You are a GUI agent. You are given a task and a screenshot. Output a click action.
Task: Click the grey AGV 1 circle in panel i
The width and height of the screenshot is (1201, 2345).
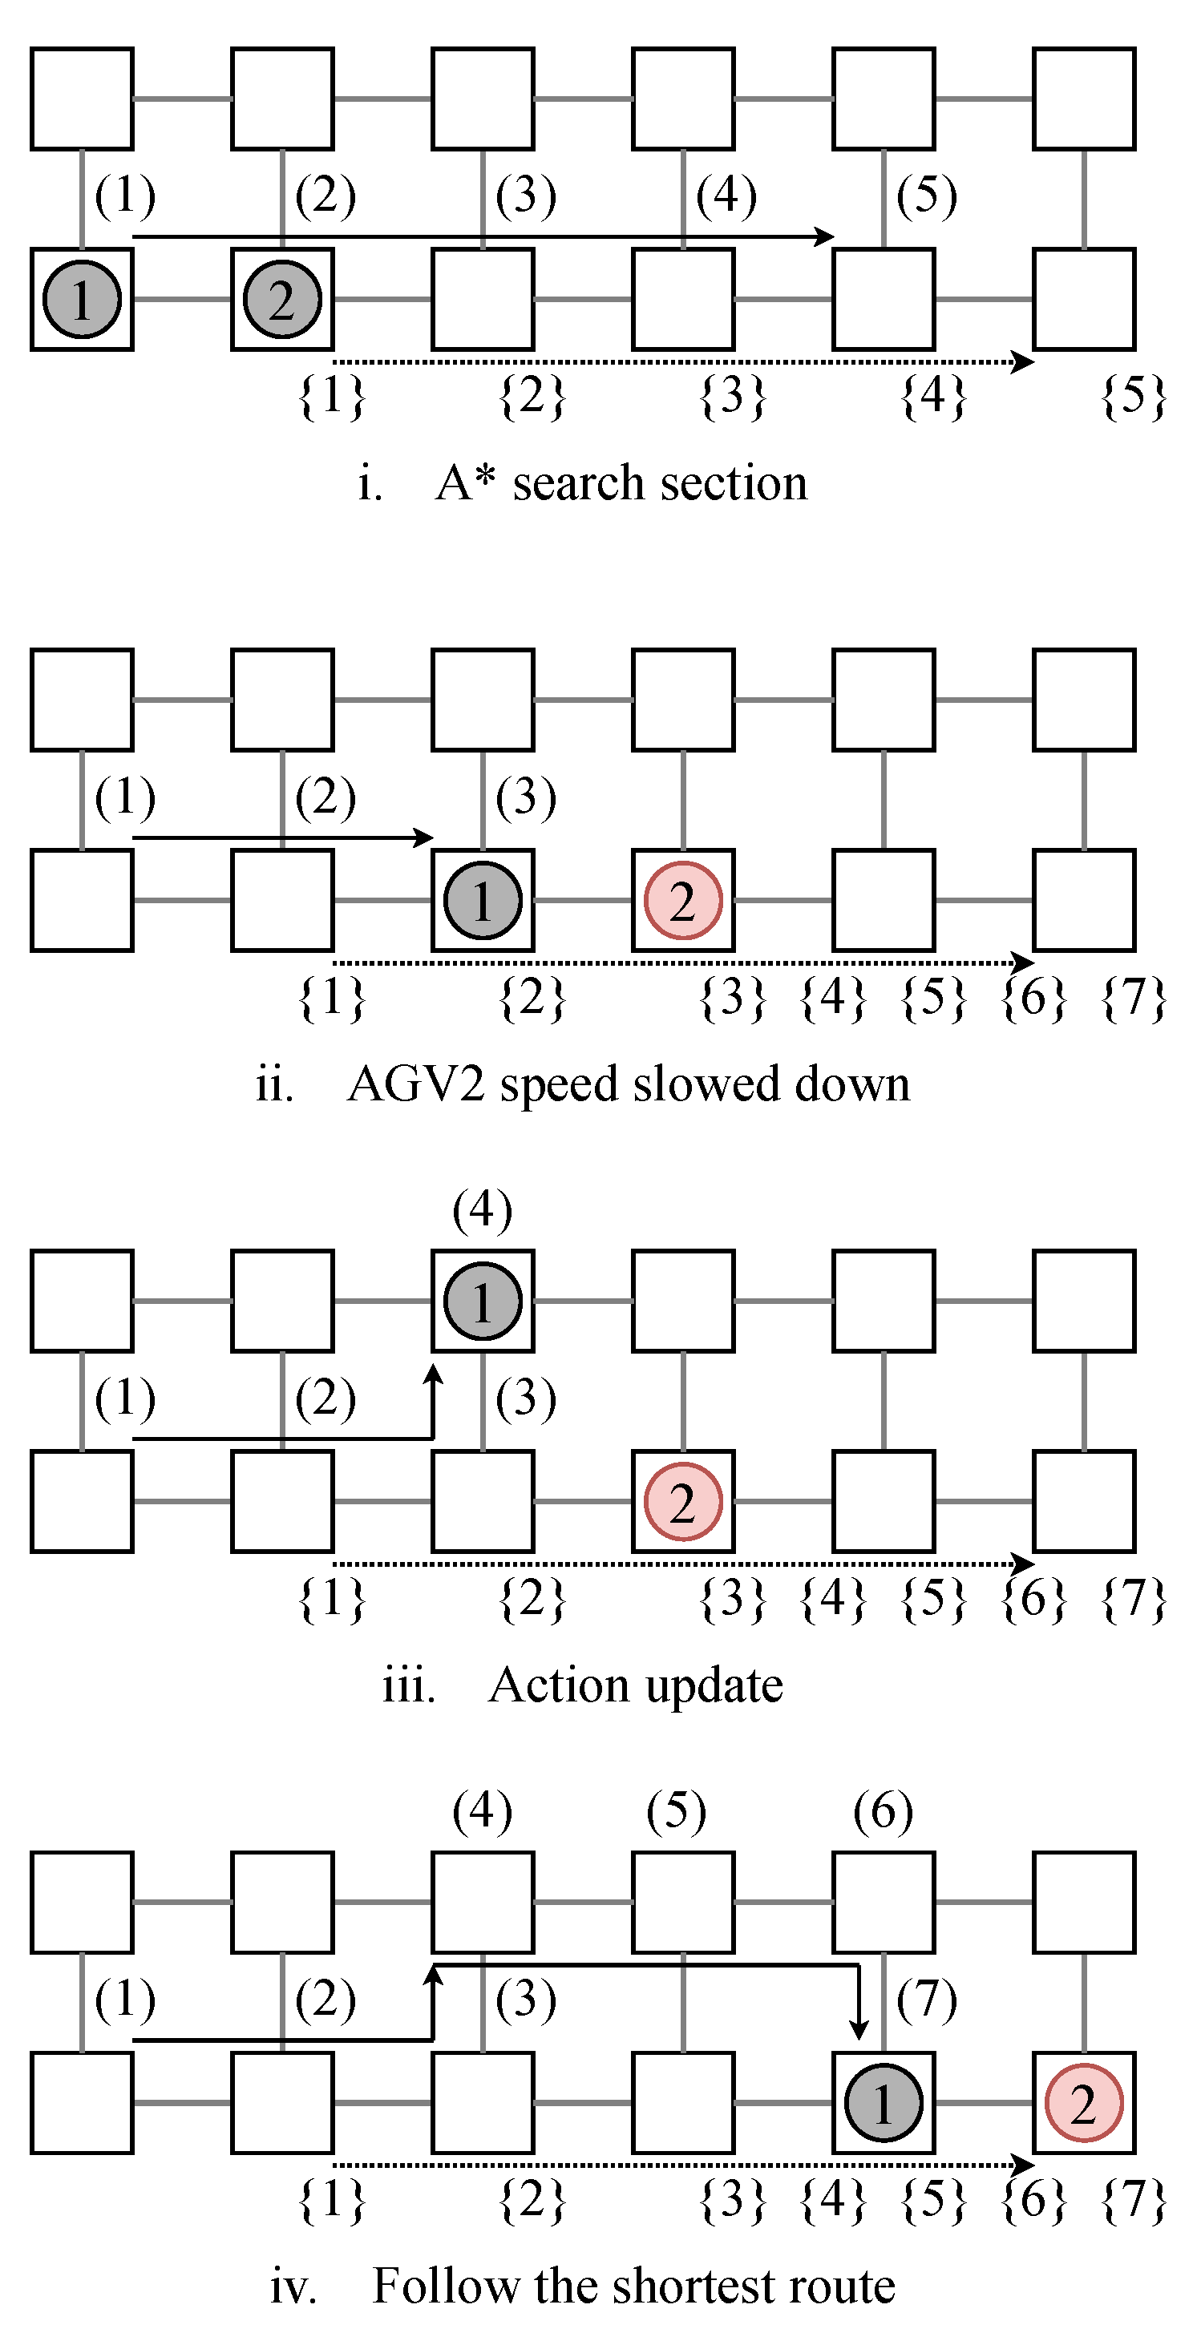tap(82, 300)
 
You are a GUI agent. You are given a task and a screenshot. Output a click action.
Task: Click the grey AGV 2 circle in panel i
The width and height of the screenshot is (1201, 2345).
tap(282, 300)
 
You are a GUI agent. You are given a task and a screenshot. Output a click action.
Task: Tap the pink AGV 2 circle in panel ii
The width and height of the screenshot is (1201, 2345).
tap(683, 900)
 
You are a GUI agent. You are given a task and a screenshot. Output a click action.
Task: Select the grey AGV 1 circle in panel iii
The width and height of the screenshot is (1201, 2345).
tap(483, 1301)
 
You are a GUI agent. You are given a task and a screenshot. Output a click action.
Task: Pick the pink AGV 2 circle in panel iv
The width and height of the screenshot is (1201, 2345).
tap(1083, 2103)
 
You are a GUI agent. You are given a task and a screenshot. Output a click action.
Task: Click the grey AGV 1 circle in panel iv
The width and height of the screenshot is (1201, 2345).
tap(884, 2103)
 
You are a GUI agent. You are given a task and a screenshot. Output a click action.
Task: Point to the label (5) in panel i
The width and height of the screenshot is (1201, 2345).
tap(926, 195)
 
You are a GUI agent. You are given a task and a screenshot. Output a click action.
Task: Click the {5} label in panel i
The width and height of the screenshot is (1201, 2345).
tap(1134, 396)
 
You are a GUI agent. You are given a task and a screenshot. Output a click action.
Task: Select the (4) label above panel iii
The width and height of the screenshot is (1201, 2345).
tap(483, 1210)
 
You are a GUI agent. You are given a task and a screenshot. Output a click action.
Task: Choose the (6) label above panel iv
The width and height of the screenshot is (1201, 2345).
tap(884, 1810)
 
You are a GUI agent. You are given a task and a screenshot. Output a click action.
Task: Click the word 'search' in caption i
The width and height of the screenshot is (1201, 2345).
tap(576, 482)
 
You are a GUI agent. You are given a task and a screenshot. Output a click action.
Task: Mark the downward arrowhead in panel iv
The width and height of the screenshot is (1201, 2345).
tap(859, 2031)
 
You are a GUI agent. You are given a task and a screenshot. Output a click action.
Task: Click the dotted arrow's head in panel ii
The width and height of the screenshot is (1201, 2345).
tap(1024, 963)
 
